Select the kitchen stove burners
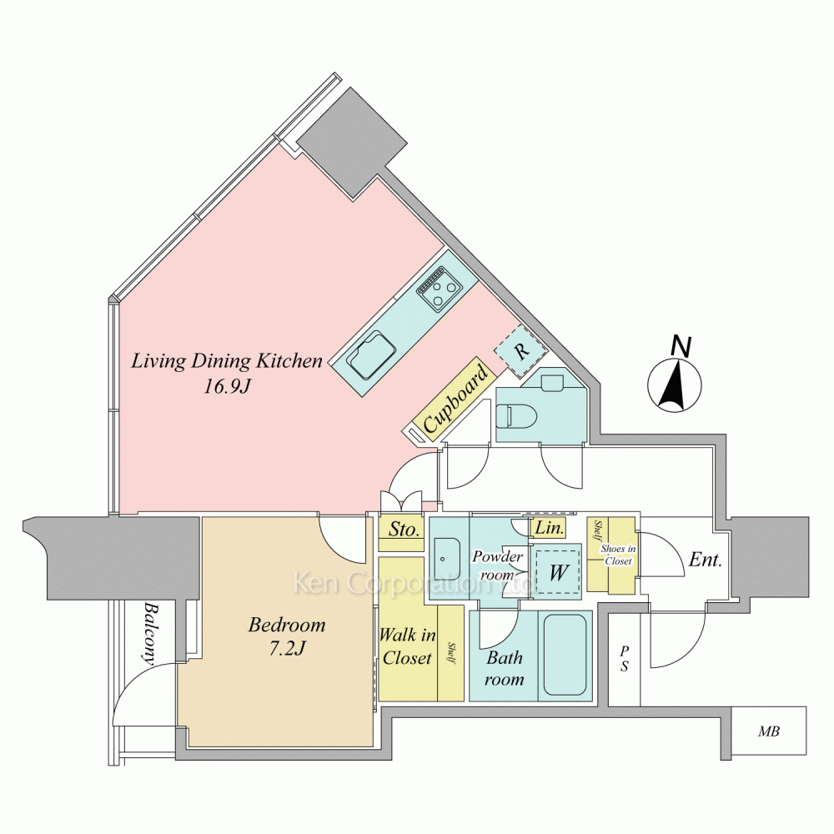pos(440,290)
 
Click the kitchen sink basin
pos(371,354)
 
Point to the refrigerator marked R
pos(521,350)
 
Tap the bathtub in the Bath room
pos(565,656)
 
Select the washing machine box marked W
pos(557,572)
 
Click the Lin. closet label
pos(549,528)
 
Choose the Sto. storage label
pos(404,530)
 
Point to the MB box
pos(769,732)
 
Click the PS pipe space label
pos(625,658)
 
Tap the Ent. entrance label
pos(706,560)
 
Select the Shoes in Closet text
pos(618,555)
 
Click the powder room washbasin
pos(447,559)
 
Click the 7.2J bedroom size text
pos(287,648)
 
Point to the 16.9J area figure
pos(227,387)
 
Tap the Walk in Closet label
pos(407,646)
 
